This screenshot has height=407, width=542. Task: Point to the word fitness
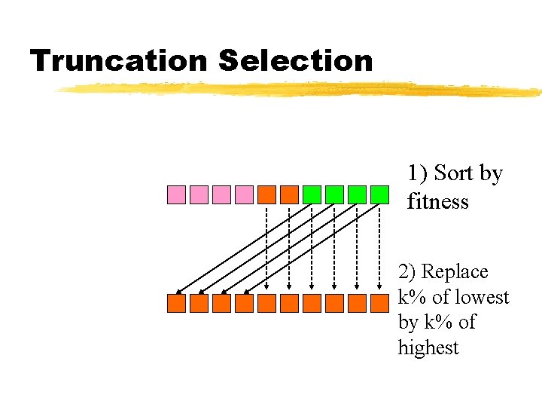click(437, 202)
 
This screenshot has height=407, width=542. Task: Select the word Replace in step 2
click(454, 271)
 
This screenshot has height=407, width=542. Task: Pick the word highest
click(428, 347)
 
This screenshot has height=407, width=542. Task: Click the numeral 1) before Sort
click(419, 173)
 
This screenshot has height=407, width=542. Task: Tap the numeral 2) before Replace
click(408, 271)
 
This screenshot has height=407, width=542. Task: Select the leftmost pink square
click(176, 194)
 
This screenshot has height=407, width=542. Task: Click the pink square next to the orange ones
click(244, 194)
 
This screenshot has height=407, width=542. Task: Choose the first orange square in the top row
click(266, 194)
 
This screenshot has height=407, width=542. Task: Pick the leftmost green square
click(312, 194)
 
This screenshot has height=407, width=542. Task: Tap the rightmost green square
click(379, 194)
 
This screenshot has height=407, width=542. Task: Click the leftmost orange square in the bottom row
click(176, 303)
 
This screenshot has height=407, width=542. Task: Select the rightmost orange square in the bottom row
click(379, 303)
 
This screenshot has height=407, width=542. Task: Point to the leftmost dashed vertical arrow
click(266, 249)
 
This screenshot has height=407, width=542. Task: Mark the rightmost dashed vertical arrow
click(379, 249)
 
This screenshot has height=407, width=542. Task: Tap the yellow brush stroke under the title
click(301, 90)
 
